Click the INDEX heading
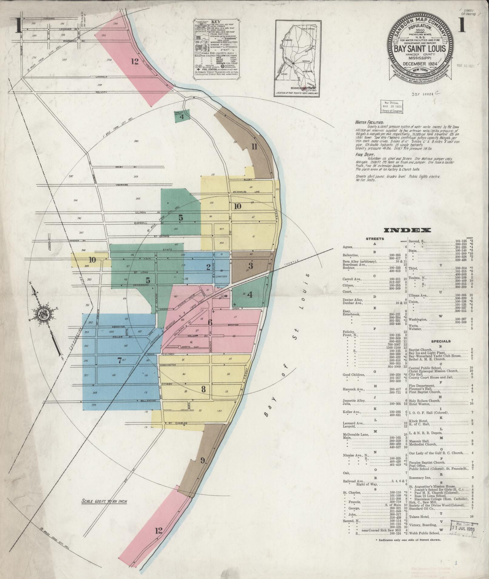click(407, 230)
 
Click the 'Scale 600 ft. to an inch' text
click(104, 501)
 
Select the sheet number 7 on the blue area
click(119, 360)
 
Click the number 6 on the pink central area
click(210, 323)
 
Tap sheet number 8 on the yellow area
click(203, 389)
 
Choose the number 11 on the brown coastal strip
click(254, 147)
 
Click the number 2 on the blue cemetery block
click(208, 267)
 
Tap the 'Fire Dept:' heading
click(364, 154)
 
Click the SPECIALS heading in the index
click(440, 341)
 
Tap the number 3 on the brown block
click(250, 266)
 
